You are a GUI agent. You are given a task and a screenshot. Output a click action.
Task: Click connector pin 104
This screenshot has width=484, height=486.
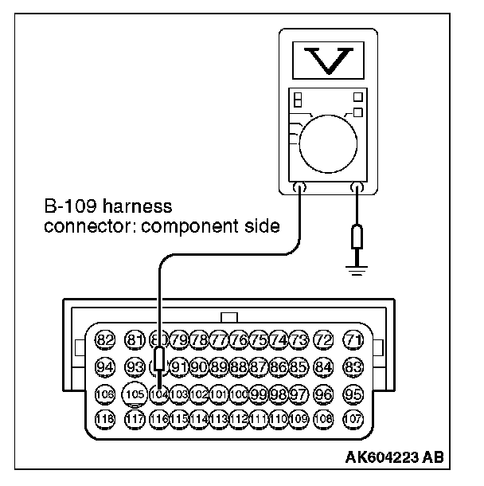[x=159, y=393]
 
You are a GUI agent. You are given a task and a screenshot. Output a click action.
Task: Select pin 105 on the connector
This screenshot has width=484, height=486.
[x=136, y=393]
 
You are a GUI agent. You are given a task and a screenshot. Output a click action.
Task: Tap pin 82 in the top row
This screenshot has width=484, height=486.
[x=105, y=339]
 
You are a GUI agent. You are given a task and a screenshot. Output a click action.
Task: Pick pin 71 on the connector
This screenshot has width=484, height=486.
[x=353, y=339]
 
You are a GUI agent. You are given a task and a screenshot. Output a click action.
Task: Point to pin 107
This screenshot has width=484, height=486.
[x=353, y=418]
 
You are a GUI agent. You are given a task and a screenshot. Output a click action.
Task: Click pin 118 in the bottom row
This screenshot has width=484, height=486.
[x=105, y=418]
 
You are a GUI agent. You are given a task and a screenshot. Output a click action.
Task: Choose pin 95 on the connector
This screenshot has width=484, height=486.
[x=353, y=394]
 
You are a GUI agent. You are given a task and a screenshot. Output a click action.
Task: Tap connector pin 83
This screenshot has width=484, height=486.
[x=353, y=366]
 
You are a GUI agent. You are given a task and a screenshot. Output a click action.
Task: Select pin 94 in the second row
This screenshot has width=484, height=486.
[x=105, y=366]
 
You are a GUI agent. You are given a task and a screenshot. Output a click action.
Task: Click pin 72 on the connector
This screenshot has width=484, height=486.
[x=323, y=339]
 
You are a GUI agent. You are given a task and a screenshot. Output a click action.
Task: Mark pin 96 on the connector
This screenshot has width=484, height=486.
[x=323, y=394]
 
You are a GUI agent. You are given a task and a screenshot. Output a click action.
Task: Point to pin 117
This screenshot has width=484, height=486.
[x=136, y=418]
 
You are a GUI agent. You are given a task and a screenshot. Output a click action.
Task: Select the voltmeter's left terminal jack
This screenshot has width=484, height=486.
[x=299, y=188]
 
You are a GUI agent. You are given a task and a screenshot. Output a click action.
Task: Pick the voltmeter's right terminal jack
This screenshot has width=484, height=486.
[x=357, y=188]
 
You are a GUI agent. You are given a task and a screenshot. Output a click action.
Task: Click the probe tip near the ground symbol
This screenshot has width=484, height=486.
[x=357, y=237]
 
